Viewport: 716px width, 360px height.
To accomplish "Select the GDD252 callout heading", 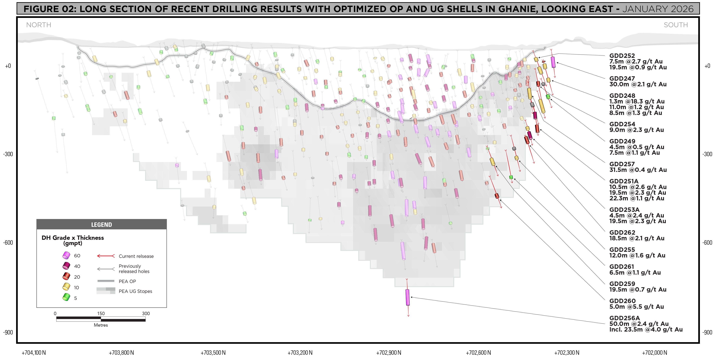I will [x=622, y=55].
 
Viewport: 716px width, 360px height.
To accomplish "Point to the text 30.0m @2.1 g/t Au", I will [x=638, y=84].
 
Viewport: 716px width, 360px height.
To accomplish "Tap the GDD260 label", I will [x=622, y=301].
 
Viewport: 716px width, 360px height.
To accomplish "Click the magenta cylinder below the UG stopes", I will [x=407, y=297].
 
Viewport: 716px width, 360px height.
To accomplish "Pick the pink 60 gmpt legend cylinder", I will [x=66, y=255].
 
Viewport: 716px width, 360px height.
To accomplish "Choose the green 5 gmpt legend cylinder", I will [x=66, y=297].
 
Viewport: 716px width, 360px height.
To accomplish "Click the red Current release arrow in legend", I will [x=106, y=256].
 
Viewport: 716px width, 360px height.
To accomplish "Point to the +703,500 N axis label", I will [x=213, y=353].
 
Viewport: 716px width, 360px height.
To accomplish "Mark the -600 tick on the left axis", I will [x=8, y=242].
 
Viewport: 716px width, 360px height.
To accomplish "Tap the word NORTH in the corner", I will [x=39, y=25].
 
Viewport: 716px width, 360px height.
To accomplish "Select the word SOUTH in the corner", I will [x=676, y=25].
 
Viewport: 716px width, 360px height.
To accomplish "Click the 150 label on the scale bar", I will [x=101, y=313].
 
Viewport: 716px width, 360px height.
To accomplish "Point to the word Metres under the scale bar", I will [x=101, y=325].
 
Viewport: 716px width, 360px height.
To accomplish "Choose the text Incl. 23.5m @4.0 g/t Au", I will [x=646, y=330].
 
